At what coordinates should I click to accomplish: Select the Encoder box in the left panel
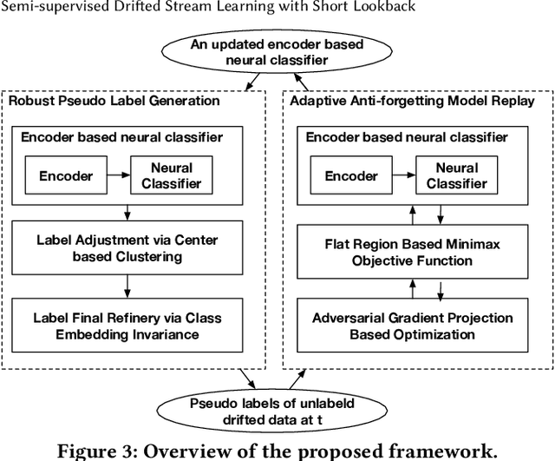point(66,176)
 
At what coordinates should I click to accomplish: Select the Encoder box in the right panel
point(351,176)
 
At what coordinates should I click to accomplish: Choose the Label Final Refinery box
point(127,326)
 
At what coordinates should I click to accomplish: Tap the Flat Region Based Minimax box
point(413,252)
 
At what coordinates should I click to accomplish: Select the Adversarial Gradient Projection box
point(413,326)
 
